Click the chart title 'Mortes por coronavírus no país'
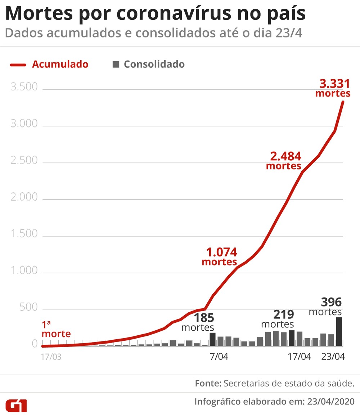pyautogui.click(x=155, y=13)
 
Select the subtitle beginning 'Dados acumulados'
pyautogui.click(x=153, y=33)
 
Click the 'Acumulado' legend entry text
pyautogui.click(x=60, y=64)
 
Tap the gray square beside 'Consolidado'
pyautogui.click(x=116, y=64)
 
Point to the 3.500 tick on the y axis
pyautogui.click(x=24, y=88)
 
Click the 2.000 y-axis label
pyautogui.click(x=24, y=197)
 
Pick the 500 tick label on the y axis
pyautogui.click(x=29, y=307)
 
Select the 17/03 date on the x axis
pyautogui.click(x=51, y=357)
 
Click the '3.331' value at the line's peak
pyautogui.click(x=334, y=84)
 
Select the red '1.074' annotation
pyautogui.click(x=221, y=252)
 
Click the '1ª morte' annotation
pyautogui.click(x=56, y=329)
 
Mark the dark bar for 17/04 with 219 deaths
pyautogui.click(x=292, y=338)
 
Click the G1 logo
pyautogui.click(x=16, y=405)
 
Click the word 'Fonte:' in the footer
pyautogui.click(x=208, y=383)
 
